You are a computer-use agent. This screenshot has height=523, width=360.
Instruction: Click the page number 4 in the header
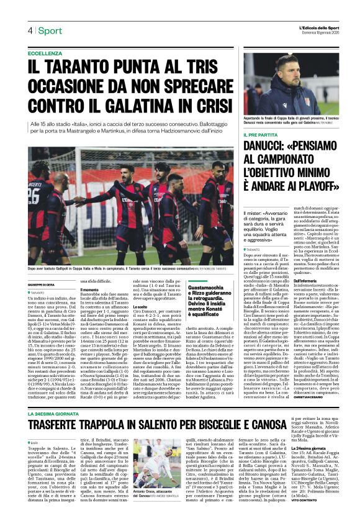pos(30,31)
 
